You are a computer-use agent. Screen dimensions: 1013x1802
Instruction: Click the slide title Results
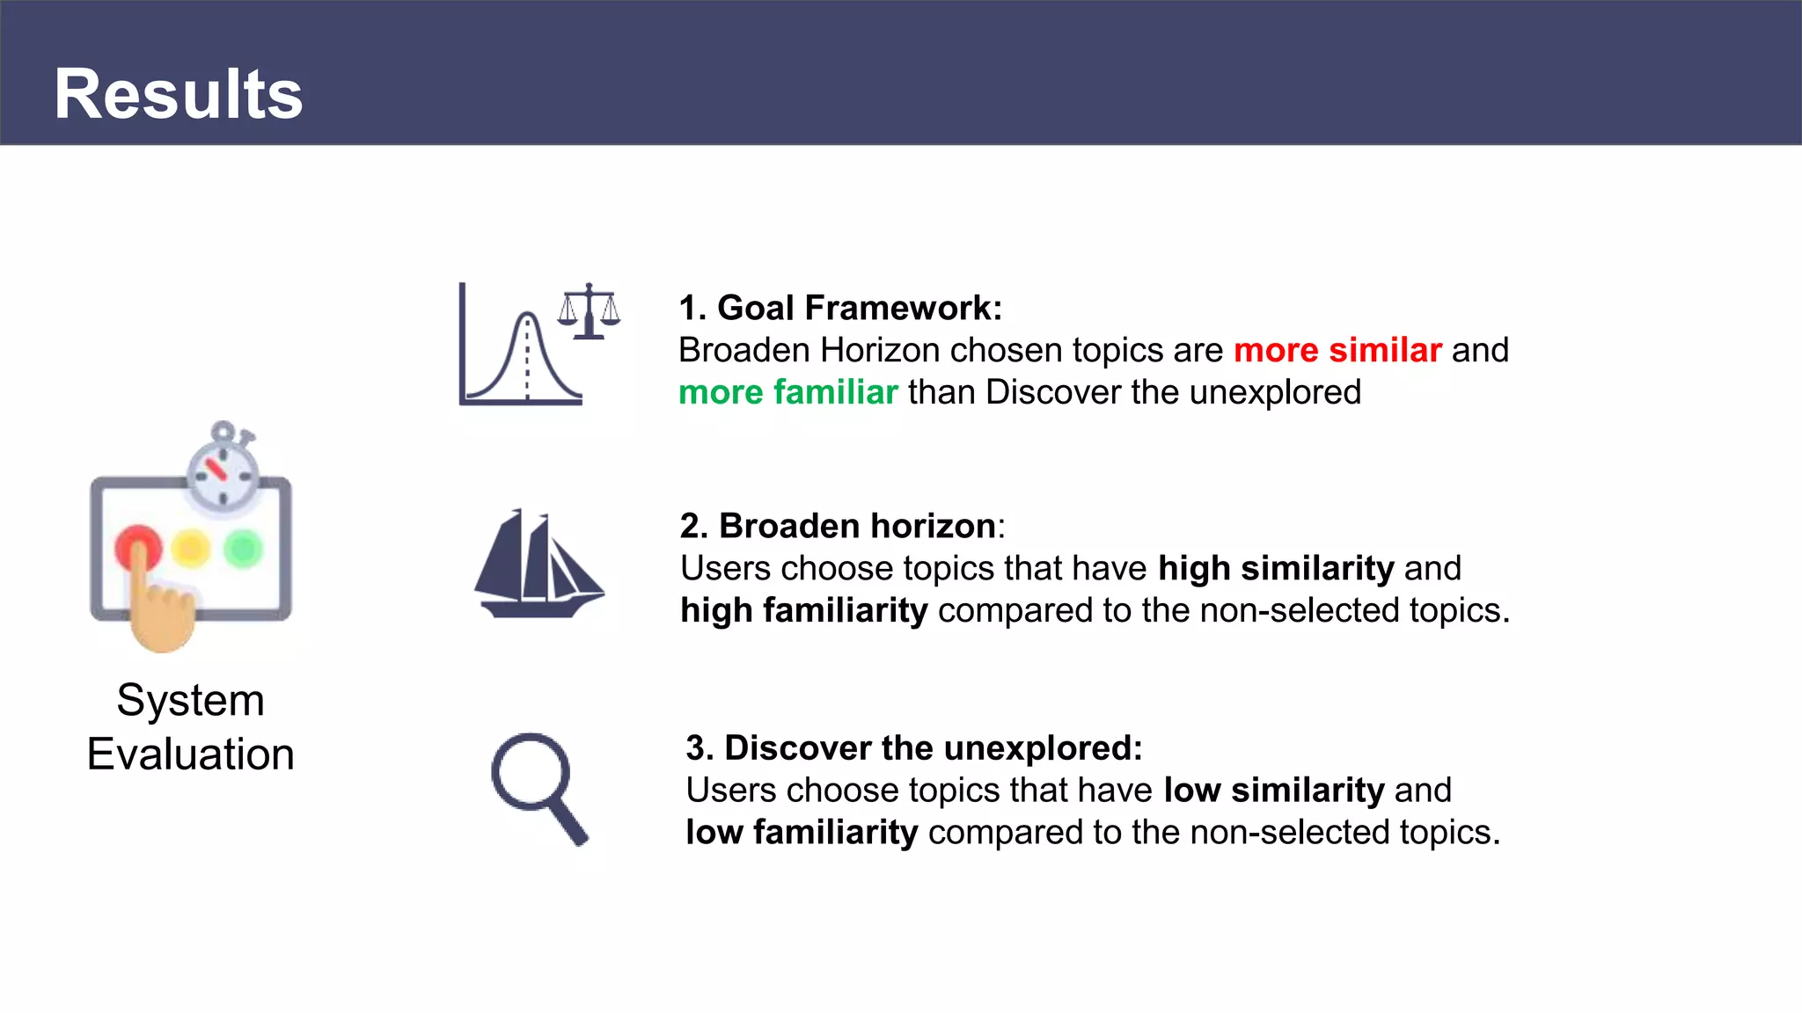[x=179, y=94]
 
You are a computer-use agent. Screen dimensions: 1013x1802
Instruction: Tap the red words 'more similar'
[x=1337, y=350]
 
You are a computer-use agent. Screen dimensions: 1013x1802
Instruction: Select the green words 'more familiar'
[x=787, y=392]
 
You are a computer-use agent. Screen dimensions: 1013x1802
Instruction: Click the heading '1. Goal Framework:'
[x=840, y=308]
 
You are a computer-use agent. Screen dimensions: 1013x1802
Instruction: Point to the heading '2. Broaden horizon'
[x=838, y=526]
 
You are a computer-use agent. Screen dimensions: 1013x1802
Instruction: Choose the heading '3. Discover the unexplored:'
[x=913, y=747]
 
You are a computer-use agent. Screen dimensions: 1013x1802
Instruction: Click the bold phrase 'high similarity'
[x=1275, y=568]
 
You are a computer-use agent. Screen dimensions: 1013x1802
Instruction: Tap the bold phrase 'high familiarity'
[x=803, y=610]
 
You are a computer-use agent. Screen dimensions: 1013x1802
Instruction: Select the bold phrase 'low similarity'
[x=1273, y=790]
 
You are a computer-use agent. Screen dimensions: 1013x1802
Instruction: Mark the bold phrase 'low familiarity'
[x=802, y=832]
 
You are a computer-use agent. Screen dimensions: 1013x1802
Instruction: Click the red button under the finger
[x=138, y=545]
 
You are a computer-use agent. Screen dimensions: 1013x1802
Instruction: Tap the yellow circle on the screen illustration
[x=191, y=549]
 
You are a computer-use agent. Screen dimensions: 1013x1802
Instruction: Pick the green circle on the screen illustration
[x=243, y=549]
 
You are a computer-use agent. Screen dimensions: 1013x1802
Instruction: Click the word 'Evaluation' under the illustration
[x=190, y=754]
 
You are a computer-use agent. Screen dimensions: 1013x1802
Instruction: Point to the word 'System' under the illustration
[x=190, y=701]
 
